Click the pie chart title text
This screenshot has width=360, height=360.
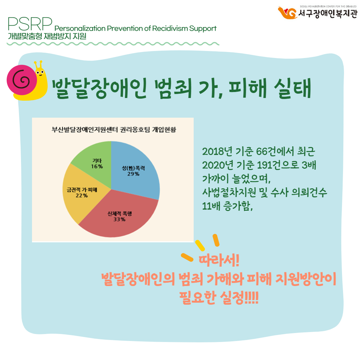click(114, 129)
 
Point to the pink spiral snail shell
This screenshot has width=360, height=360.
click(22, 80)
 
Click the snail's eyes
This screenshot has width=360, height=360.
click(40, 73)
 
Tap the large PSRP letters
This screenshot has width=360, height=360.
click(30, 24)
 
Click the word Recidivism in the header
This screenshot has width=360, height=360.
click(170, 28)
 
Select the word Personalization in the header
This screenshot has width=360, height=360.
click(80, 28)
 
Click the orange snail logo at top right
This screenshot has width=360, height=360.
click(287, 13)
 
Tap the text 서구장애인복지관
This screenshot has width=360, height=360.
click(328, 14)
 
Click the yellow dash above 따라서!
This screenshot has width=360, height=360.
click(200, 245)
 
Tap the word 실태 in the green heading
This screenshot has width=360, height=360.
click(293, 88)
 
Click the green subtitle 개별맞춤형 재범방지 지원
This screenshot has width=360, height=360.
click(47, 36)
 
